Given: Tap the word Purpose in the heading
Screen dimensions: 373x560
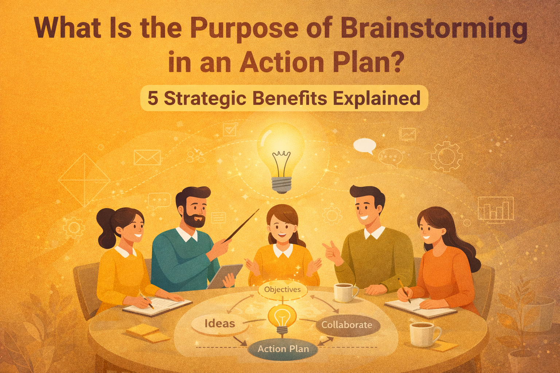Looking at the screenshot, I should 245,28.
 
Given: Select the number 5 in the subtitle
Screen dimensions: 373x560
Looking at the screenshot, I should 153,98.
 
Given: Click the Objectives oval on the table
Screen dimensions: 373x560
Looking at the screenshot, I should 283,290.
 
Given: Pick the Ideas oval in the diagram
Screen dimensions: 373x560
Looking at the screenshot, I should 219,323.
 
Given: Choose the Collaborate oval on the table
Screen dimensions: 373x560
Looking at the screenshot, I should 347,325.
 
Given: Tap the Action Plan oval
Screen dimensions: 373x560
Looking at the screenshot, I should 283,349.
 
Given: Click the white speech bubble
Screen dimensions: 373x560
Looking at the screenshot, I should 364,145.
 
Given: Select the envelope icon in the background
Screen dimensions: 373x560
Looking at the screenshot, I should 147,158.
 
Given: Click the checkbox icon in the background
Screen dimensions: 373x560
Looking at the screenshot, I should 230,129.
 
